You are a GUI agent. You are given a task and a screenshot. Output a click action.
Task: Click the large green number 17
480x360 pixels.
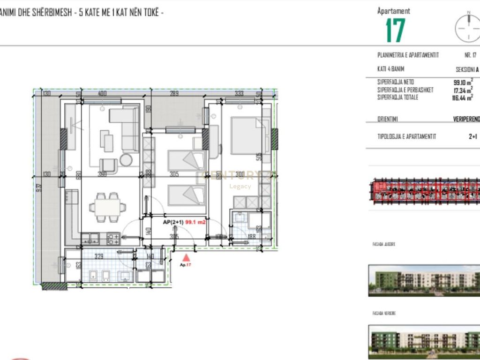click(395, 31)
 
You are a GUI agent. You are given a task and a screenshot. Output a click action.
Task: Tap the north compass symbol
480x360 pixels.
click(467, 28)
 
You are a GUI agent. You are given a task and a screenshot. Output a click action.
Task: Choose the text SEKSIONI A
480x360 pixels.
click(467, 69)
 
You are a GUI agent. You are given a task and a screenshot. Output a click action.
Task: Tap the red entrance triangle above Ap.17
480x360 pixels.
click(186, 257)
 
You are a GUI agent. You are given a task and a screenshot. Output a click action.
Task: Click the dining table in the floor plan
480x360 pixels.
click(107, 206)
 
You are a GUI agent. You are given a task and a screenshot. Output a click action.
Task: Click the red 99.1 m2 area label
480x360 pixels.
click(196, 223)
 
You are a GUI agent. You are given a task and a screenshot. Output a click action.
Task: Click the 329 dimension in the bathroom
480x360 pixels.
click(99, 257)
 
